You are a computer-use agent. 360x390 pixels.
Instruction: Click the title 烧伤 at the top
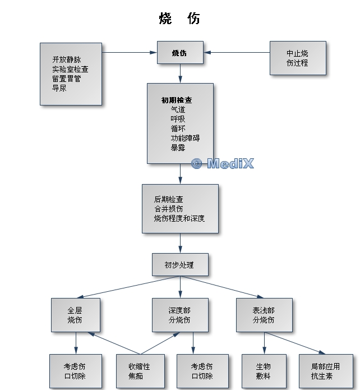[x=179, y=19]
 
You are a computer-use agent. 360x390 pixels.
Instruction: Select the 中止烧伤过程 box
[x=297, y=58]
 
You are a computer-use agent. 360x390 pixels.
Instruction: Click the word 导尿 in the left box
[x=59, y=88]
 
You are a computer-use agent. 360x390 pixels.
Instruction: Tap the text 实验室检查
[x=70, y=69]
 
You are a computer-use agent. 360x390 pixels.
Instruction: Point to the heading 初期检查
[x=177, y=100]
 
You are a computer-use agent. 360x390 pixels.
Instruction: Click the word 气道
[x=178, y=109]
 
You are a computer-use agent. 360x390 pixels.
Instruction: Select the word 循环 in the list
[x=178, y=129]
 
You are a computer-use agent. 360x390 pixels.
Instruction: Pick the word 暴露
[x=178, y=148]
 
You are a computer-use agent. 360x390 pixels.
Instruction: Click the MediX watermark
[x=223, y=163]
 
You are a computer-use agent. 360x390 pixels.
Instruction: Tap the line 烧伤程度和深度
[x=179, y=218]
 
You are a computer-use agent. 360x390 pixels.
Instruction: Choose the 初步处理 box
[x=179, y=264]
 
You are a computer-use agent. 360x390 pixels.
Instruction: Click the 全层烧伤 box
[x=75, y=315]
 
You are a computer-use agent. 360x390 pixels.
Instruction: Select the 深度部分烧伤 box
[x=179, y=315]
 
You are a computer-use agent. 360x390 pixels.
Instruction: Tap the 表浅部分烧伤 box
[x=264, y=315]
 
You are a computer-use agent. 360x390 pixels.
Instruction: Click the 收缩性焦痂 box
[x=140, y=371]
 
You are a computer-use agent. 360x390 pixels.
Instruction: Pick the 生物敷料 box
[x=264, y=371]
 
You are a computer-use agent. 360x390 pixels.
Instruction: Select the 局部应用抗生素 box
[x=325, y=371]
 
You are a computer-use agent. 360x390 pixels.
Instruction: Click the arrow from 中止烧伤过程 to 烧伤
[x=236, y=53]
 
